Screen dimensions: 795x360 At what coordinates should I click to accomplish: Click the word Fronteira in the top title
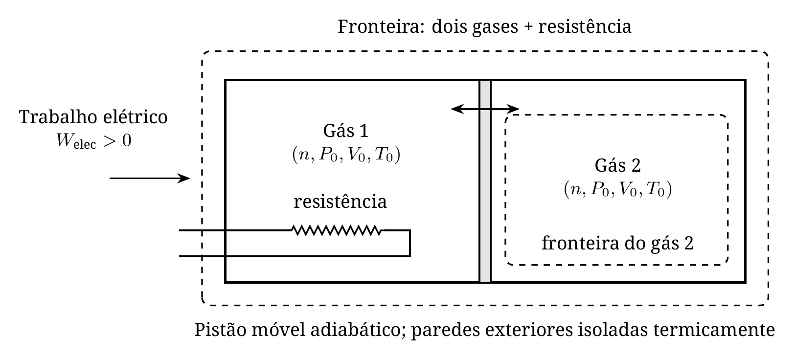pos(381,26)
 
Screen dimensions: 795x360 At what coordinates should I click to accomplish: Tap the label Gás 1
pos(346,131)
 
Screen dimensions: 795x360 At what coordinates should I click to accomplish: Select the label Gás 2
pos(617,165)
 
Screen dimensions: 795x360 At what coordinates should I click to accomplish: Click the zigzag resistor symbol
pos(337,230)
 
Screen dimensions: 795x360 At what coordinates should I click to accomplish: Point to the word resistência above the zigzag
pos(340,202)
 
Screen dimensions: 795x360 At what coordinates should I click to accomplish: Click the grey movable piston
pos(485,181)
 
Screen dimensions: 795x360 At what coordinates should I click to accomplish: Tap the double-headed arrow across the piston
pos(485,109)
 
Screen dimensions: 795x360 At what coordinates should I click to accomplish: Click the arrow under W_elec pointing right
pos(150,178)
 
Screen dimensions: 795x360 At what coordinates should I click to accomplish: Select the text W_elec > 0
pos(94,141)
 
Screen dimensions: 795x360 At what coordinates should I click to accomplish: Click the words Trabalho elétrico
pos(93,117)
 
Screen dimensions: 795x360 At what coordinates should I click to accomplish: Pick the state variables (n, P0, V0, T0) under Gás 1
pos(346,155)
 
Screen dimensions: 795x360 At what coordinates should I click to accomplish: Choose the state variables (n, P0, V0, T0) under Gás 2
pos(618,189)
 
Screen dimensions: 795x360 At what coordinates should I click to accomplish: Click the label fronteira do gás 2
pos(617,244)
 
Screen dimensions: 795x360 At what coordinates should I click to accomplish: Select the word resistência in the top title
pos(585,26)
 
